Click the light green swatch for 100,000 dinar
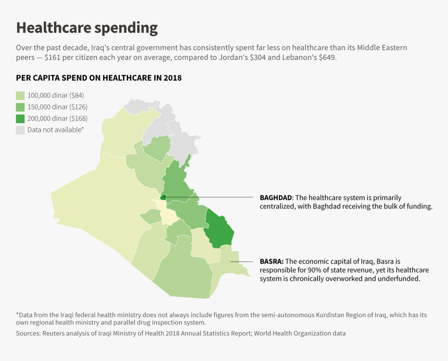20,95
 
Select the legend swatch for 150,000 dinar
20,107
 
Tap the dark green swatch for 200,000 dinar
20,118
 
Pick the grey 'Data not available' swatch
20,130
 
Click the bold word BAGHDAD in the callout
276,198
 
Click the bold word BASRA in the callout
271,261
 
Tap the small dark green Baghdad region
163,197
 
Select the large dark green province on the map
219,228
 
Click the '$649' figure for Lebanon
326,57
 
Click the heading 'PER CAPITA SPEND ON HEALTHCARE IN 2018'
98,78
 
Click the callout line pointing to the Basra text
242,261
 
